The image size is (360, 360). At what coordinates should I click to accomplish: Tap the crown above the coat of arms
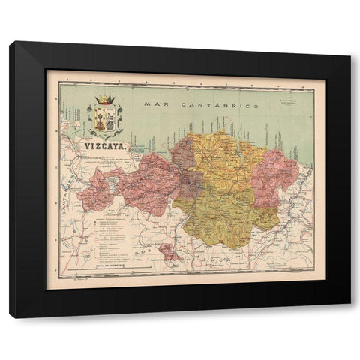tap(104, 99)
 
